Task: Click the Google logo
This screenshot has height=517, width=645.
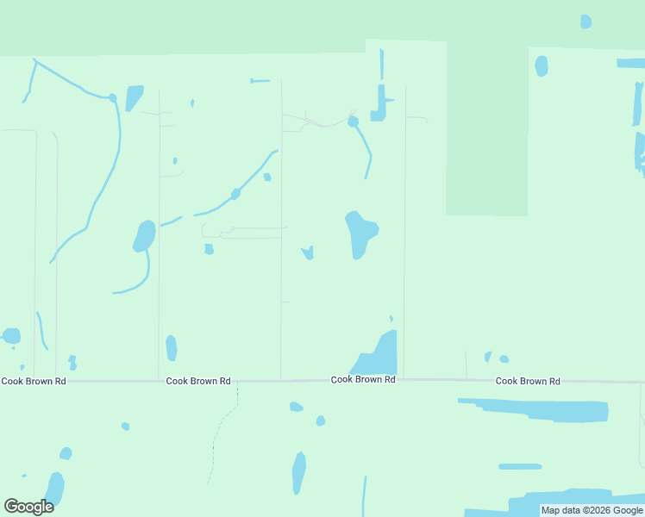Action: (29, 507)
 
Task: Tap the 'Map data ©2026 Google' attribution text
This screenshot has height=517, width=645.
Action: (592, 511)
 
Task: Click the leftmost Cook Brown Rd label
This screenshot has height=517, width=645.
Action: (34, 381)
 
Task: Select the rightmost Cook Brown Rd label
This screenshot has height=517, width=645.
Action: (528, 381)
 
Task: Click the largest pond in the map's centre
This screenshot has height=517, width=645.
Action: (360, 233)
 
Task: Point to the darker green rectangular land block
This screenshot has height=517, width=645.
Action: (486, 129)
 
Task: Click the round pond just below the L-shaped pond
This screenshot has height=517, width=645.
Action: (353, 121)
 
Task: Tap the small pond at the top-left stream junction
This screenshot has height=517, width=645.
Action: (113, 97)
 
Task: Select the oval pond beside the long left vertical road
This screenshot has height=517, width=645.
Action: (144, 235)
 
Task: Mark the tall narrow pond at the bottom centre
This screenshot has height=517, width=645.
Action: (298, 472)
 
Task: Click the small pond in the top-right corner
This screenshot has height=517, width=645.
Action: (586, 22)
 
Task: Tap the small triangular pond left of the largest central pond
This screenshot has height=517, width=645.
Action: (308, 252)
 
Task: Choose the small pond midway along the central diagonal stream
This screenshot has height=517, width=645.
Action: (235, 194)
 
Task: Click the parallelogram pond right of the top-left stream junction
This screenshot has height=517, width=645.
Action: (134, 97)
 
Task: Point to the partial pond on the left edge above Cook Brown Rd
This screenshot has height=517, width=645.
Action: (10, 335)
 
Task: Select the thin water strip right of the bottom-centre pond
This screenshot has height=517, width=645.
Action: (364, 496)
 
